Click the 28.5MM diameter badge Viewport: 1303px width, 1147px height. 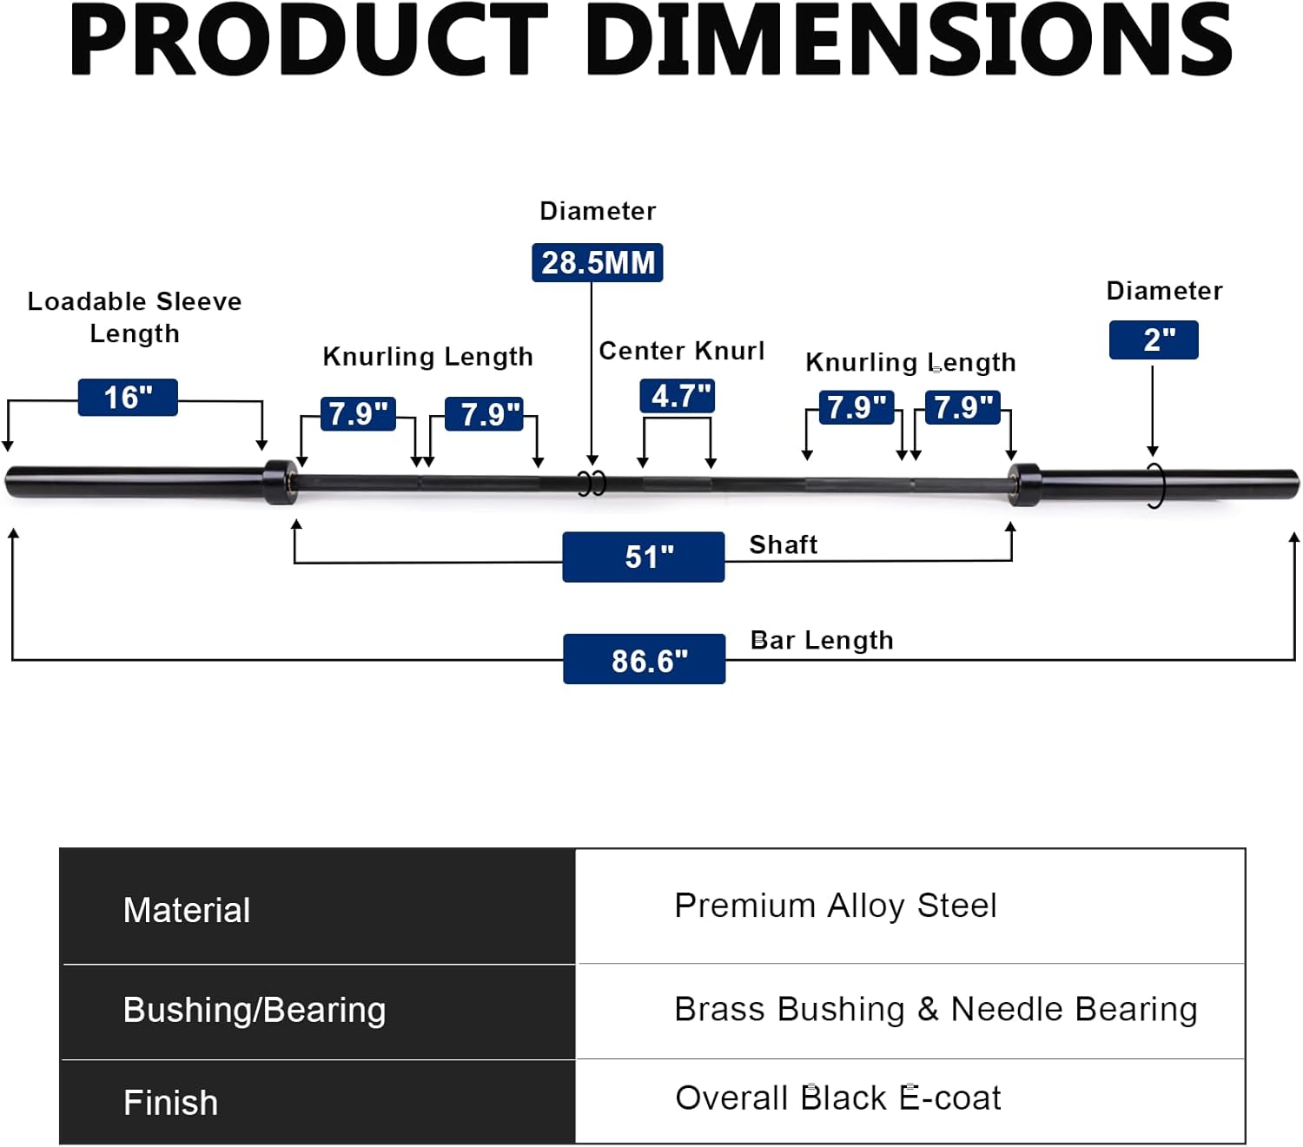[598, 262]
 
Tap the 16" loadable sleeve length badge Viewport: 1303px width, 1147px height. [128, 398]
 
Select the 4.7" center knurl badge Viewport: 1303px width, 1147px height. [678, 396]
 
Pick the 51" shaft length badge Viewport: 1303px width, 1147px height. [644, 557]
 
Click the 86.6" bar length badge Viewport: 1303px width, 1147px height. [645, 660]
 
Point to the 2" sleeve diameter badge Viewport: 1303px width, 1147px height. [1154, 339]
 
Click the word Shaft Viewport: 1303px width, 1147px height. [784, 544]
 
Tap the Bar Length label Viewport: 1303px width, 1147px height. [822, 640]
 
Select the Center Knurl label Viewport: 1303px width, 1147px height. [682, 351]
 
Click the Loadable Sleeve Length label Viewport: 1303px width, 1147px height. [135, 317]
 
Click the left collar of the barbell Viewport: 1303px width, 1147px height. [280, 482]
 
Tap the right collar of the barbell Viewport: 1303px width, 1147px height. [1025, 485]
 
